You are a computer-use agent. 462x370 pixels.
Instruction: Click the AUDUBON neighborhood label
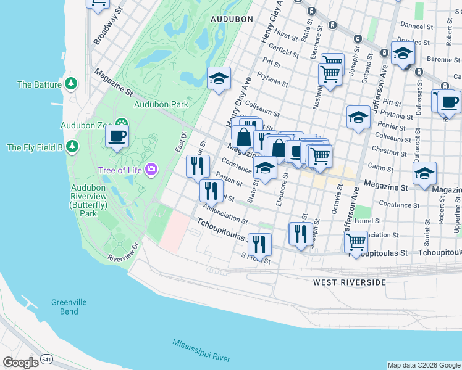[x=232, y=19]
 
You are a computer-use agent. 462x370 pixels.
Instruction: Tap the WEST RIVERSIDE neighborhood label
[x=349, y=282]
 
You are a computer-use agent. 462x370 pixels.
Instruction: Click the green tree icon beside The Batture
[x=72, y=83]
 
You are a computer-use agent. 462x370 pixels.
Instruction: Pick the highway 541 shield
[x=47, y=359]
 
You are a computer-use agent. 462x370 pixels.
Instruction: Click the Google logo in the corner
[x=20, y=363]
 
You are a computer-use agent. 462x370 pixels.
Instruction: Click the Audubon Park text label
[x=161, y=104]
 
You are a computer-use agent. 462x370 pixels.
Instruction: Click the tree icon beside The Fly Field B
[x=73, y=147]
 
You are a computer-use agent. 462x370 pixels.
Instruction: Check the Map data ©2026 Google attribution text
[x=424, y=365]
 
